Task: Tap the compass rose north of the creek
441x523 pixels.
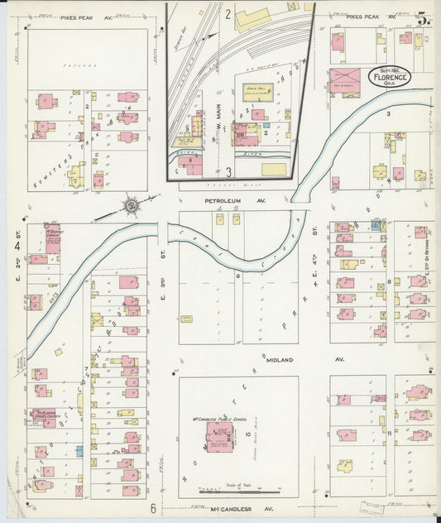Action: (x=130, y=204)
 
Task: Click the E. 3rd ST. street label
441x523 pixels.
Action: (x=162, y=291)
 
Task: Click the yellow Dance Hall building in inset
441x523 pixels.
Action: (x=257, y=114)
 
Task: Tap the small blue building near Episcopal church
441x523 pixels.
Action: (x=79, y=452)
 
